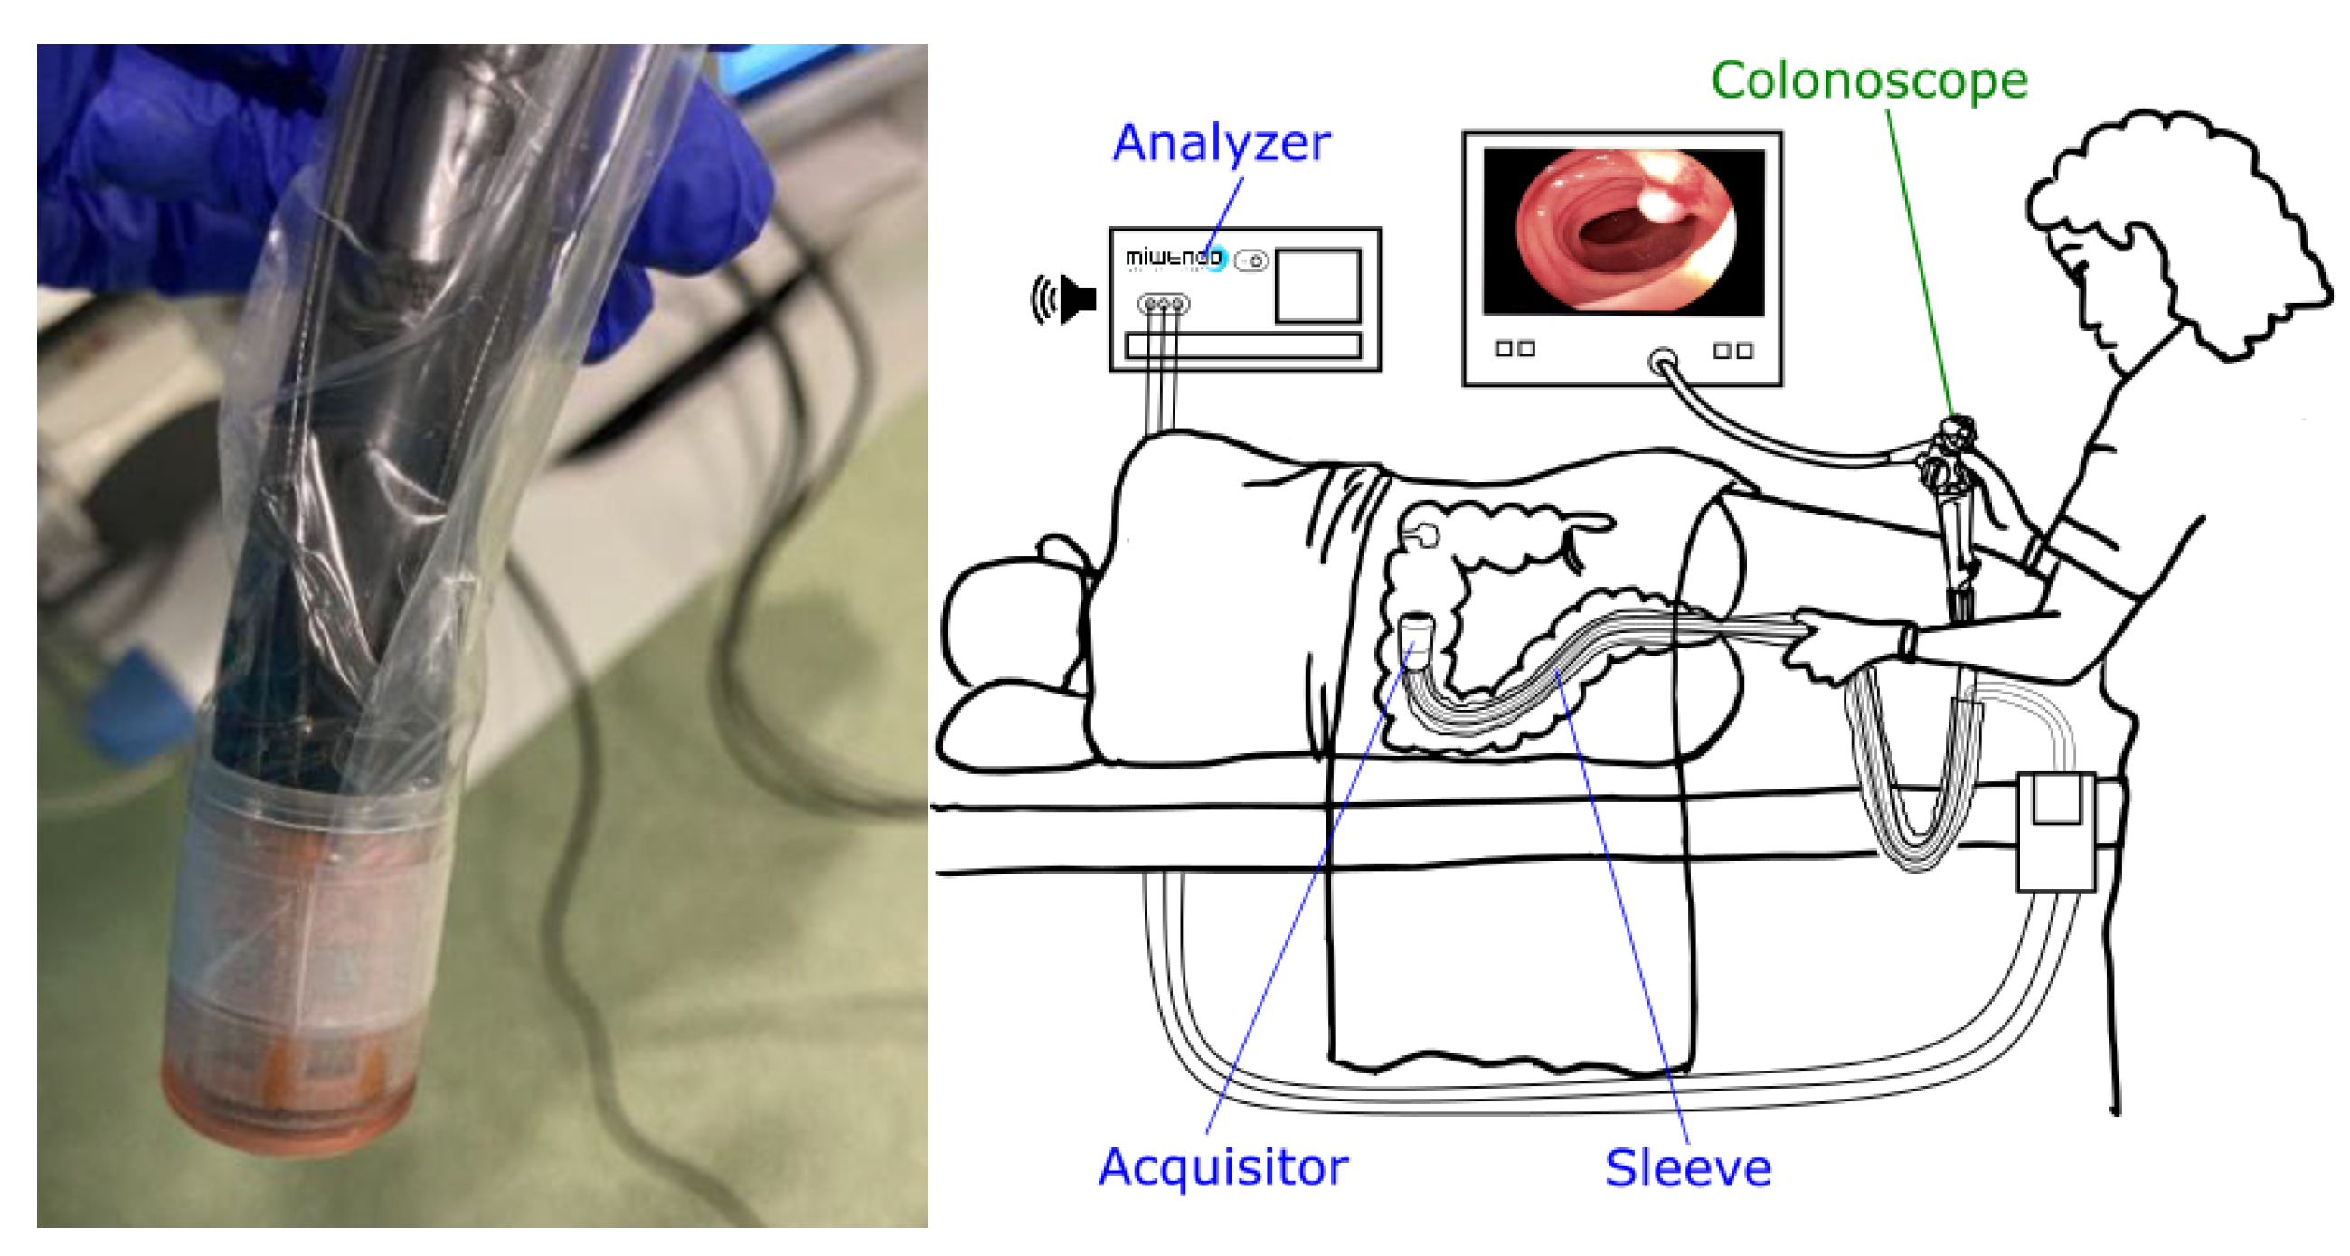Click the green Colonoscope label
[x=1868, y=80]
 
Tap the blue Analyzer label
[x=1221, y=143]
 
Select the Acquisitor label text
[x=1222, y=1166]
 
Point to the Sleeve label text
[x=1687, y=1168]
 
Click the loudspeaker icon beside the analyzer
[x=1065, y=298]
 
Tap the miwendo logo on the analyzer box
[x=1173, y=258]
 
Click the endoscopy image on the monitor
[x=1624, y=231]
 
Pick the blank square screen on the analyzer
[x=1317, y=286]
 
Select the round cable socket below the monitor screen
[x=1662, y=361]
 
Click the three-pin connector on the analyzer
[x=1163, y=304]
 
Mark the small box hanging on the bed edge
[x=2055, y=830]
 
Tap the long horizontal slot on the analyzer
[x=1243, y=345]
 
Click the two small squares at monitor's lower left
[x=1515, y=348]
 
